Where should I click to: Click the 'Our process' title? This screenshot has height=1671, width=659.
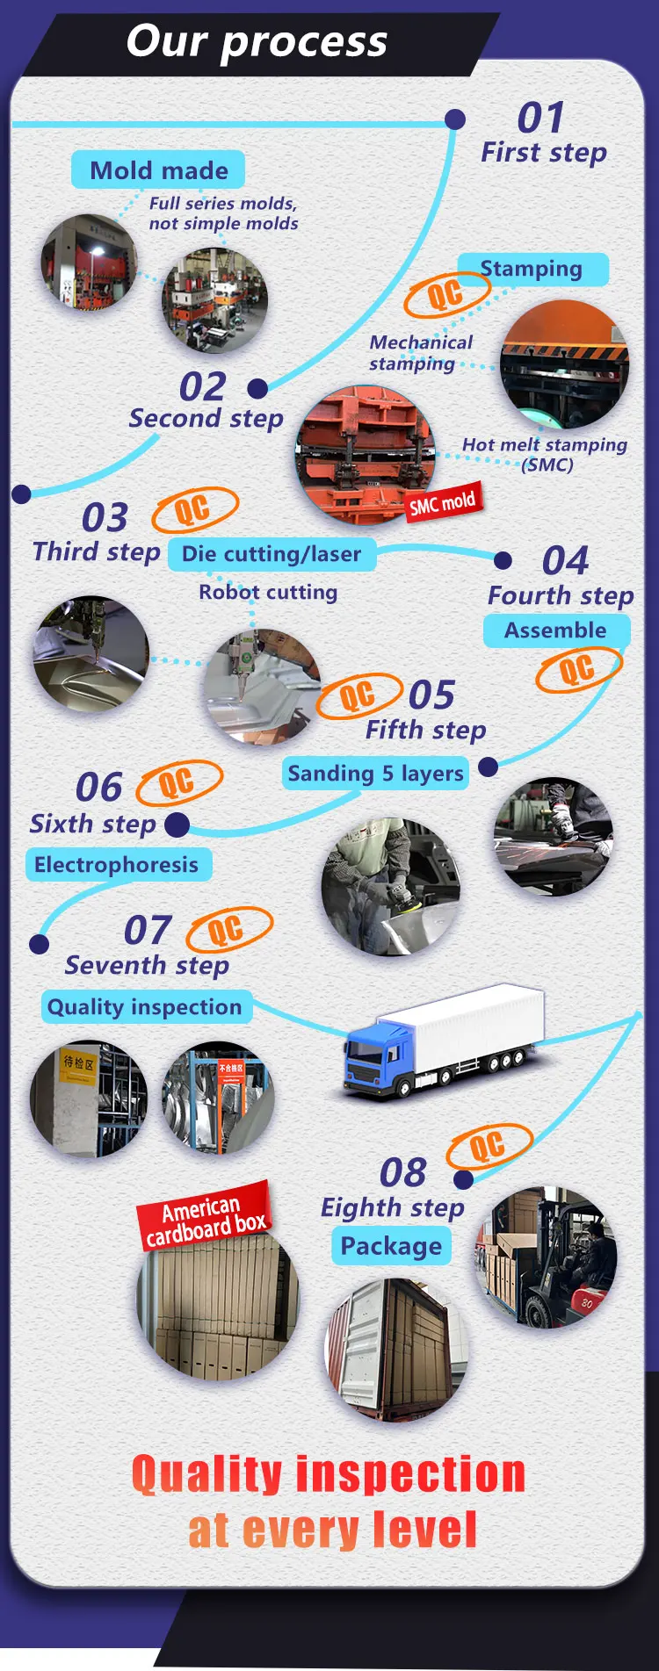(x=257, y=41)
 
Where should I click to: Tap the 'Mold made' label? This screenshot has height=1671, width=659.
(x=158, y=170)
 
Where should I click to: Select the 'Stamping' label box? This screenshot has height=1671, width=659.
(x=532, y=269)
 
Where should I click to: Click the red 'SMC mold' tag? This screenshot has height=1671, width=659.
(x=442, y=502)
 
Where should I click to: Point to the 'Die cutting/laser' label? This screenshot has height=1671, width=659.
(x=272, y=554)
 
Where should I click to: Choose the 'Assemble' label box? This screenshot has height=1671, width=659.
(x=556, y=630)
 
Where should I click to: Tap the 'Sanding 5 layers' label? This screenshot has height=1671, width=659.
(x=375, y=773)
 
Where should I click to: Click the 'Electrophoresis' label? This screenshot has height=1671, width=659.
(x=117, y=865)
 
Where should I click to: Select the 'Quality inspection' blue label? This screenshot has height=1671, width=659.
(x=146, y=1007)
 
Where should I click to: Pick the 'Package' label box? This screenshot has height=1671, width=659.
(x=391, y=1246)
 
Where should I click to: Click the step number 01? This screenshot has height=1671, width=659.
(x=540, y=118)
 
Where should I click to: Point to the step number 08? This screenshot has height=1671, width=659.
(x=402, y=1172)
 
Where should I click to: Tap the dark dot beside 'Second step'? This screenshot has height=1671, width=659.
(x=257, y=388)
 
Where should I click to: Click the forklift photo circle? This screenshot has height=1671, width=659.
(x=546, y=1257)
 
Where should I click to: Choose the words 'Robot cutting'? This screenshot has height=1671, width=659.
(x=268, y=593)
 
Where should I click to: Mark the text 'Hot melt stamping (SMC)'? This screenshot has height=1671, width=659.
(x=546, y=455)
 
